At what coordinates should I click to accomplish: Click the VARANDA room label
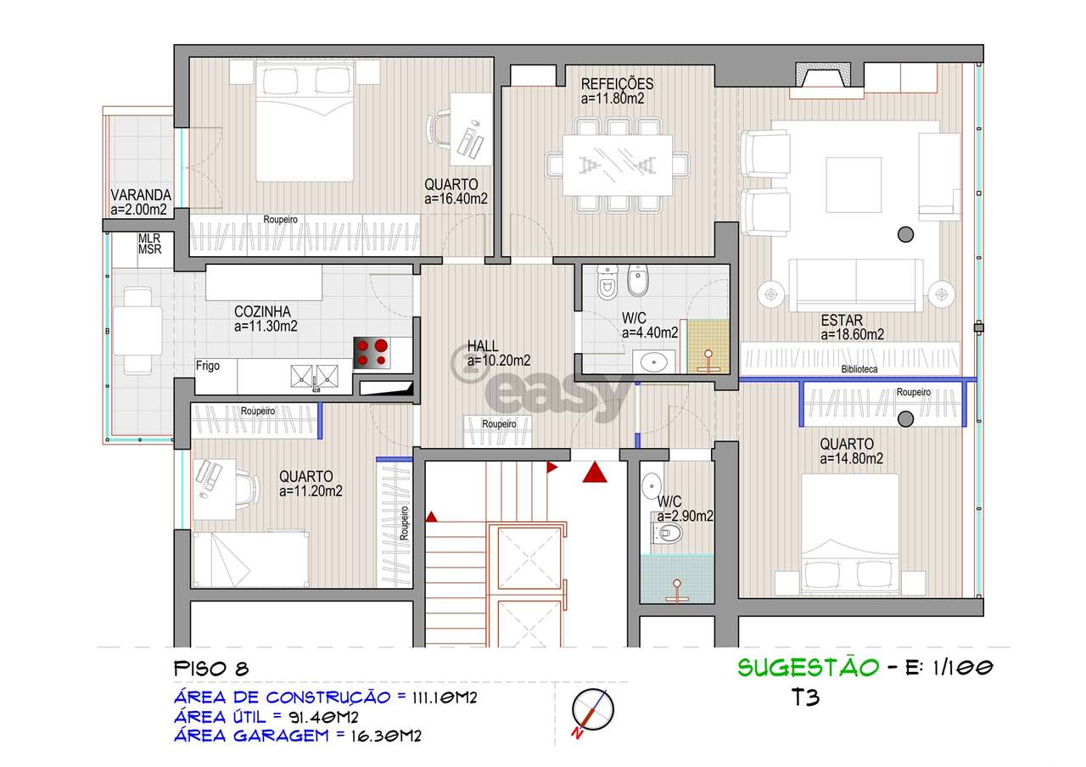tap(141, 195)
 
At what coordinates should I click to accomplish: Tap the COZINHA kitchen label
tap(262, 311)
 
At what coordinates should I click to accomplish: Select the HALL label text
tap(483, 345)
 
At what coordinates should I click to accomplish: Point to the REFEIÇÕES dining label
tap(617, 84)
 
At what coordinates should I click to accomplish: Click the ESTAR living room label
tap(842, 320)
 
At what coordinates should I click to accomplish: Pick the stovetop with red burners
tap(372, 352)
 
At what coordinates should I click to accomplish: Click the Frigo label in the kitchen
tap(208, 366)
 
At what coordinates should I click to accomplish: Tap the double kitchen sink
tap(314, 376)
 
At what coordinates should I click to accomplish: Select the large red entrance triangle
tap(595, 472)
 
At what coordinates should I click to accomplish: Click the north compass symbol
tap(592, 710)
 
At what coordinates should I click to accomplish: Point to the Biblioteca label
tap(859, 369)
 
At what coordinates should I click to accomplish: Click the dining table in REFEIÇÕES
tap(617, 165)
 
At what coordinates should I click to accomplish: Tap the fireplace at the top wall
tap(823, 75)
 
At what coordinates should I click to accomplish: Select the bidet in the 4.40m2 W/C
tap(638, 280)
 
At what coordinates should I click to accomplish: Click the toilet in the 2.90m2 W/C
tap(668, 534)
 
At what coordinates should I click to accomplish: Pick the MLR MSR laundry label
tap(149, 244)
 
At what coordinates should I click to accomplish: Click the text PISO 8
tap(211, 669)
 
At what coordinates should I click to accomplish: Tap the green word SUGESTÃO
tap(809, 667)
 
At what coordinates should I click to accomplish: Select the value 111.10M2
tap(445, 697)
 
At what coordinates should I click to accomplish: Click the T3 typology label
tap(805, 697)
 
